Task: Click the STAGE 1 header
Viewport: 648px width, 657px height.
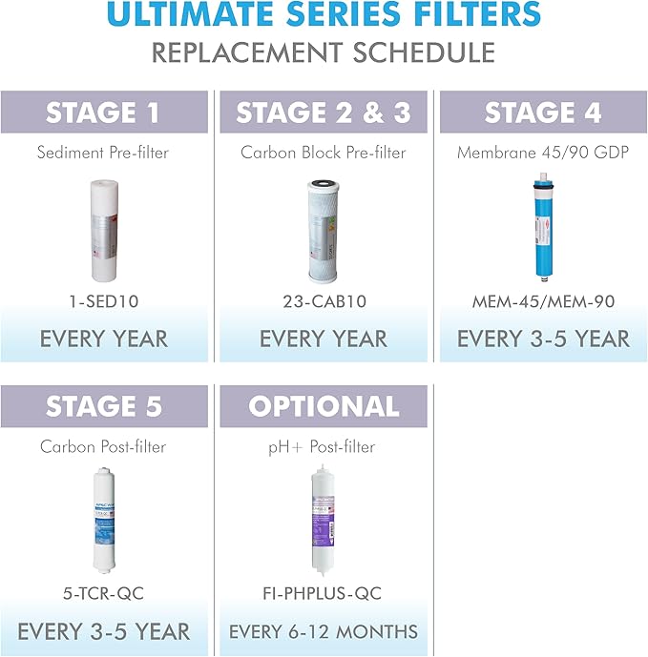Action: pyautogui.click(x=104, y=113)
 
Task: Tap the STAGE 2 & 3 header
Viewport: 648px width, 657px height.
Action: pyautogui.click(x=324, y=113)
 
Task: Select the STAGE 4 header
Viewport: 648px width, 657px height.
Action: pyautogui.click(x=543, y=113)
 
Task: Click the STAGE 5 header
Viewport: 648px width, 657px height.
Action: pyautogui.click(x=104, y=407)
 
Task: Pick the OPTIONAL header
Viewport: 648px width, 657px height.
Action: pyautogui.click(x=324, y=407)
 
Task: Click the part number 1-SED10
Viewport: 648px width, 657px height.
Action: pyautogui.click(x=104, y=301)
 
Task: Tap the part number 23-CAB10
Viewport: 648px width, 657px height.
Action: pyautogui.click(x=324, y=301)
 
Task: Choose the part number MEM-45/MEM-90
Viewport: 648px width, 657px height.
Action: pyautogui.click(x=543, y=301)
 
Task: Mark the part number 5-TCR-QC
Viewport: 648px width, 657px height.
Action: pyautogui.click(x=104, y=594)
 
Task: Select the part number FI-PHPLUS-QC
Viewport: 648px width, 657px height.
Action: pyautogui.click(x=324, y=594)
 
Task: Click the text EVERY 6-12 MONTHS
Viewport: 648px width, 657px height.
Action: pyautogui.click(x=324, y=631)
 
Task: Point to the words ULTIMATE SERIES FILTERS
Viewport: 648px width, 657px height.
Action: pyautogui.click(x=324, y=16)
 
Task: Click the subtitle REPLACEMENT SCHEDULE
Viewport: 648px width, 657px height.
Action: pyautogui.click(x=324, y=52)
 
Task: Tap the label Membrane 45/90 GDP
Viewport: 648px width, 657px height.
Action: pyautogui.click(x=543, y=153)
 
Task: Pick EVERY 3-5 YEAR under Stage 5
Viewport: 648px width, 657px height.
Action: pyautogui.click(x=104, y=631)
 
